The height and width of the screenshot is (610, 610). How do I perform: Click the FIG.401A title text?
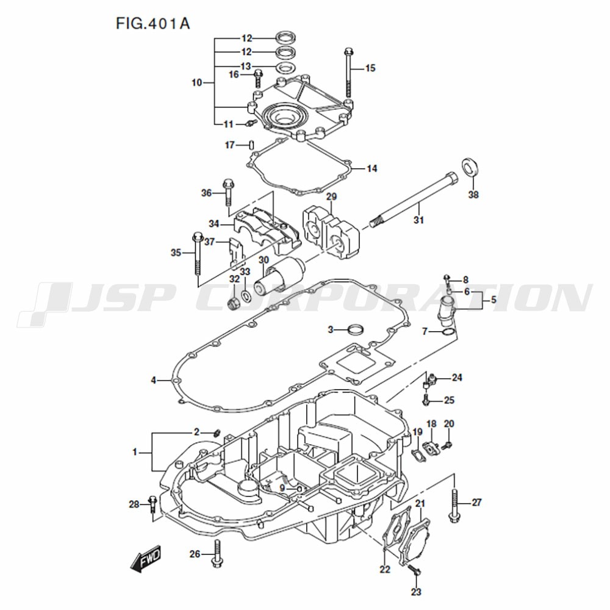point(153,23)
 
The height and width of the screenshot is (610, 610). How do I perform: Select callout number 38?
point(473,195)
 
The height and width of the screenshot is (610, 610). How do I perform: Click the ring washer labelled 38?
point(470,167)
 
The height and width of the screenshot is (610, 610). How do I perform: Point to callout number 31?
point(418,220)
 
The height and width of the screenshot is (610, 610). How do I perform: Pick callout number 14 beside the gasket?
point(372,168)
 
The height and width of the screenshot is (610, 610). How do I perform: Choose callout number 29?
point(331,196)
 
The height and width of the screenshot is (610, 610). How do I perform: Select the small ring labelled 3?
point(356,330)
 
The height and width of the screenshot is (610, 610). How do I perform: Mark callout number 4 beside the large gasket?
point(153,380)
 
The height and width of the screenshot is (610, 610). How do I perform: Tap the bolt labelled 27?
point(454,505)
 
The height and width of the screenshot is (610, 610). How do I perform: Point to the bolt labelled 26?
point(217,553)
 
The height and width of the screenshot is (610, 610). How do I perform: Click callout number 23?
point(416,592)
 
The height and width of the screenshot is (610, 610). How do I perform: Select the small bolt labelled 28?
point(152,504)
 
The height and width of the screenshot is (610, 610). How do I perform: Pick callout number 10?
point(197,82)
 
